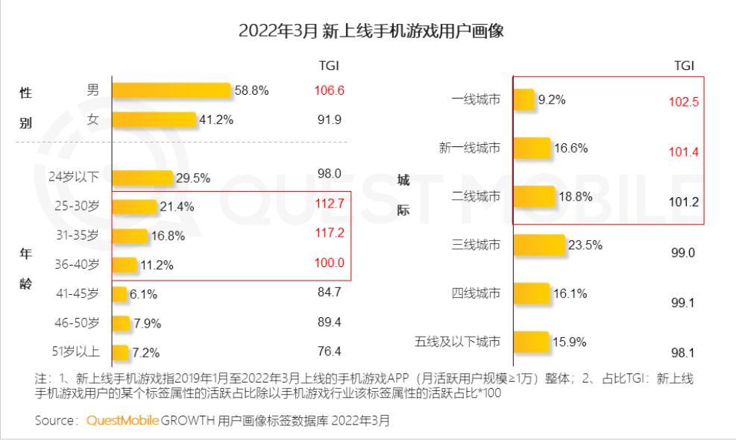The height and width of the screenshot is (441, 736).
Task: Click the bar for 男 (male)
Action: point(172,91)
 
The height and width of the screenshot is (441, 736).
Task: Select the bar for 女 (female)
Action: point(154,119)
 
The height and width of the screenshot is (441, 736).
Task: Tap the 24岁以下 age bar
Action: point(142,178)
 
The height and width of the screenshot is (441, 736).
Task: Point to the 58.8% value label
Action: point(251,91)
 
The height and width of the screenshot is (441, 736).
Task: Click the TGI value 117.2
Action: point(329,233)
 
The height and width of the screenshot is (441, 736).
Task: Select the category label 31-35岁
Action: point(78,236)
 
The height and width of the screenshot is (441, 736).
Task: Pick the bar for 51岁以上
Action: point(120,352)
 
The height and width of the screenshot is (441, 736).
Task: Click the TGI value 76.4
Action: point(329,351)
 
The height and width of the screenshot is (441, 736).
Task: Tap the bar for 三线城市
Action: point(540,245)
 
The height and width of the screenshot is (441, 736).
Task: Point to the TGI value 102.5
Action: point(684,102)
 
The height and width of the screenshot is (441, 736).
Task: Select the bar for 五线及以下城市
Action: point(531,342)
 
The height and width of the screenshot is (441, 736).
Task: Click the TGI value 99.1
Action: point(682,303)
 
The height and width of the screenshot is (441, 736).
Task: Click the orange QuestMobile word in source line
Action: point(122,420)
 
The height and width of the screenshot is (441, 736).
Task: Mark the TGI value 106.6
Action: point(329,90)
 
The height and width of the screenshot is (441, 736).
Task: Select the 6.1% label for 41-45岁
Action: point(143,295)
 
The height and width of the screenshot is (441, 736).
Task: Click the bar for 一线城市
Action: point(524,99)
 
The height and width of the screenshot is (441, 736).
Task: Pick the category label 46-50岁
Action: point(78,323)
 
